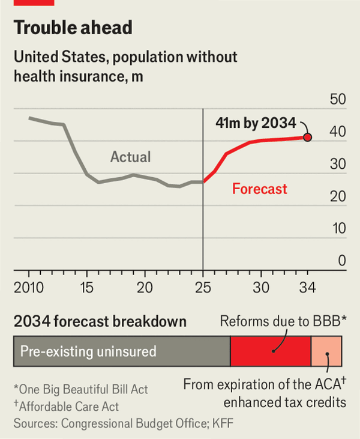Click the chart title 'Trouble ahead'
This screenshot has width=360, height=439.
[73, 28]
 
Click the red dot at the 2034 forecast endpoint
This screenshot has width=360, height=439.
[308, 138]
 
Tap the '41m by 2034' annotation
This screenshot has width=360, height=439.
[256, 124]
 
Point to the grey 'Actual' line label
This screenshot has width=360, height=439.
[131, 157]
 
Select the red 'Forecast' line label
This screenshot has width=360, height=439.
[260, 189]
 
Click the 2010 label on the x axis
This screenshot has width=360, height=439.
[29, 288]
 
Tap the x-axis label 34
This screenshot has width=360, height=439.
[307, 288]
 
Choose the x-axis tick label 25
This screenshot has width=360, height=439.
[203, 288]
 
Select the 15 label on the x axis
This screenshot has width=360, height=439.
[87, 288]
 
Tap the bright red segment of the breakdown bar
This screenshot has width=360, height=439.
[271, 351]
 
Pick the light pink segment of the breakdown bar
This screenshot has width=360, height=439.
[326, 351]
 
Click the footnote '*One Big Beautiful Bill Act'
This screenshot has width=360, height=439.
[80, 390]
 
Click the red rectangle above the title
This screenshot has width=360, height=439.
[34, 2]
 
